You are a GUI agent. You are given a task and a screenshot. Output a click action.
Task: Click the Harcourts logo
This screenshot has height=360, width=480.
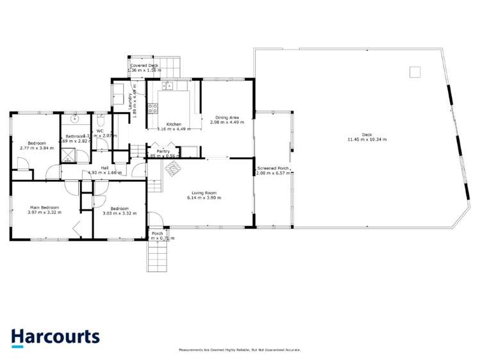[55, 337]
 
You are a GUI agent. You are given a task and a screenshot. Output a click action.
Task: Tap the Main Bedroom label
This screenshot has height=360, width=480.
[45, 208]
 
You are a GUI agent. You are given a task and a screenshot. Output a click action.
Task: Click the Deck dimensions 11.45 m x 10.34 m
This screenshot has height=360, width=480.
[367, 139]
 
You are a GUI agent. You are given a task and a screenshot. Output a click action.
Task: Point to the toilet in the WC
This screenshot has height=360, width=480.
[101, 121]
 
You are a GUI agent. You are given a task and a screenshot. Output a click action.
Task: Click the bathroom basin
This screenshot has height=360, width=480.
[75, 119]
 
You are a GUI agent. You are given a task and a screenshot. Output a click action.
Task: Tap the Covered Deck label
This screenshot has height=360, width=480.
[144, 66]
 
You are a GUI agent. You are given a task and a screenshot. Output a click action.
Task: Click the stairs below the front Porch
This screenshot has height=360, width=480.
[158, 258]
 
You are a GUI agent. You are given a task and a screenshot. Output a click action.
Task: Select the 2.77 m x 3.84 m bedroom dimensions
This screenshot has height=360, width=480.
[37, 148]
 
